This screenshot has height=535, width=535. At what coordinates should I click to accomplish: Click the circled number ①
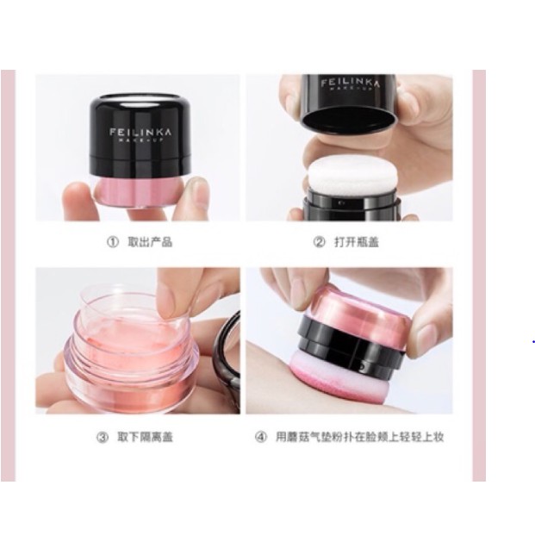coord(112,242)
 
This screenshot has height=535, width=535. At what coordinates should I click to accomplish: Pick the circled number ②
coord(319,242)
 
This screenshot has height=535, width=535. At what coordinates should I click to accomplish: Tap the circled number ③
coord(103,437)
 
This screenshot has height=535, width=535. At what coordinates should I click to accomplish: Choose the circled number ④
coord(261,437)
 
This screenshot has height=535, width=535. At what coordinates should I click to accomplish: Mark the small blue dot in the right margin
coord(533,341)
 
